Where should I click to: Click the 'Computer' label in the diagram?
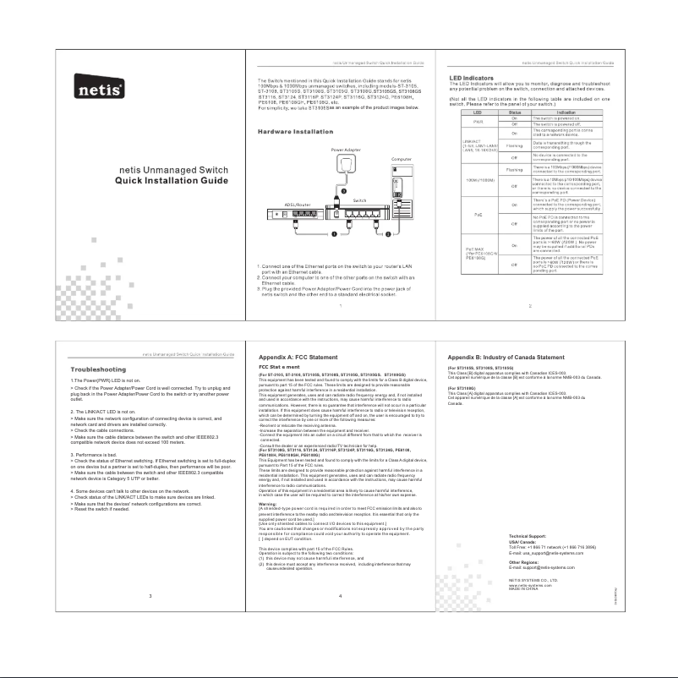[x=402, y=158]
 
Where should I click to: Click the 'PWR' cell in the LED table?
[x=478, y=122]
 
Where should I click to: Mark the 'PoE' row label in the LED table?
[x=478, y=216]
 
